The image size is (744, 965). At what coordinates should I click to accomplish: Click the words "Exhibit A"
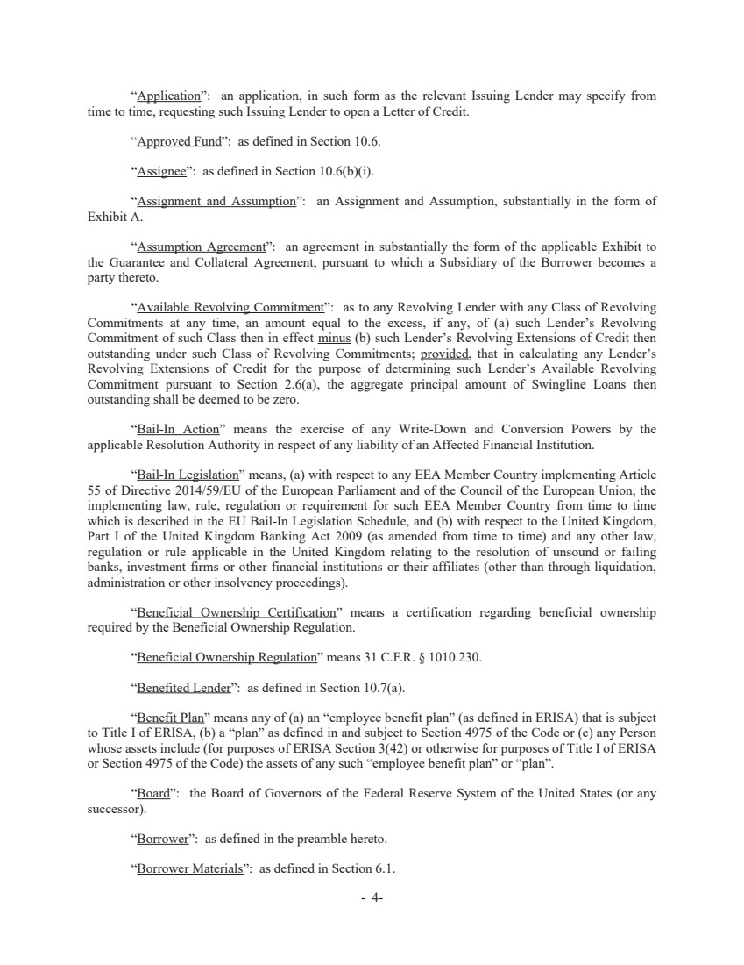[114, 216]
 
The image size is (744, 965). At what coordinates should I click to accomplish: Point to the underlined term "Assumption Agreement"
[202, 247]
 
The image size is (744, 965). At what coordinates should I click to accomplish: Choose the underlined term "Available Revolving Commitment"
[230, 307]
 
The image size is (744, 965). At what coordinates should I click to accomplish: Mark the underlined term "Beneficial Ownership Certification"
[237, 612]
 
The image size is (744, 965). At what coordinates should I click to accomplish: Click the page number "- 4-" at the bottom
[372, 898]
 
